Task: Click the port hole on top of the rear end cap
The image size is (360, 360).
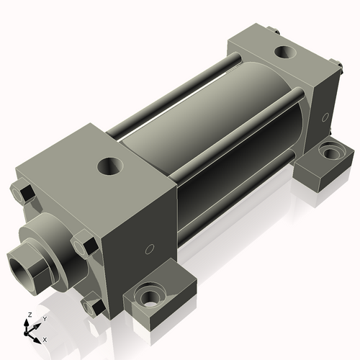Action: [285, 53]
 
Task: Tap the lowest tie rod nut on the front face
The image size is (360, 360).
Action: [91, 307]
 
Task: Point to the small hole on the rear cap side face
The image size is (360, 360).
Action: [325, 116]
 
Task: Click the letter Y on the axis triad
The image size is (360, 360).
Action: [44, 318]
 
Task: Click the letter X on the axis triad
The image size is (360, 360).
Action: [45, 338]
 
